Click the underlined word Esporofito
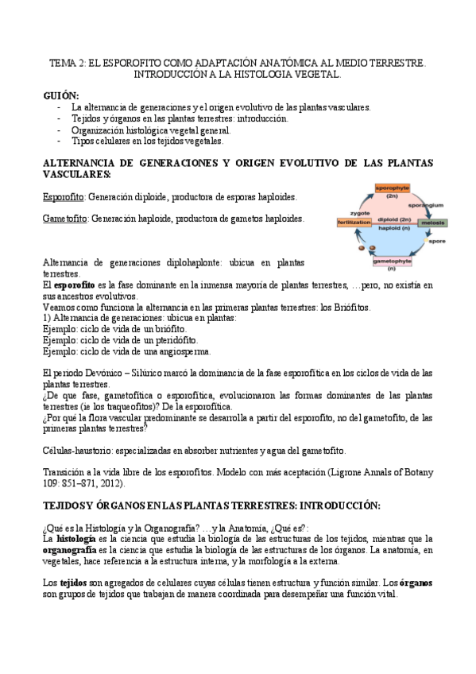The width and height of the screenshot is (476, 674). point(64,196)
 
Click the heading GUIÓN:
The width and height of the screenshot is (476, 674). point(60,95)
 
